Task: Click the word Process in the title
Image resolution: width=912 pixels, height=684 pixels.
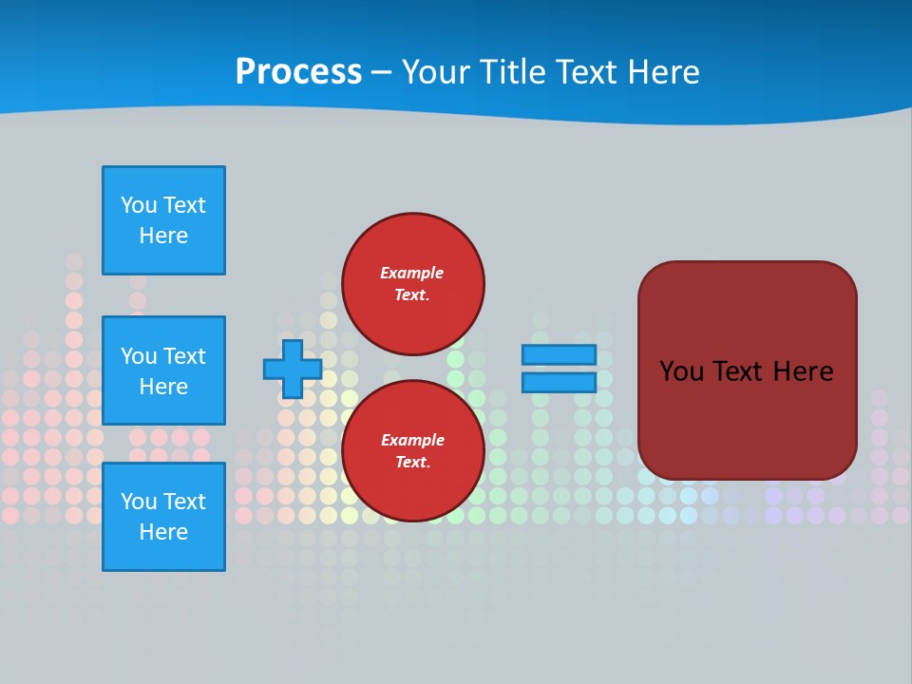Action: pyautogui.click(x=298, y=72)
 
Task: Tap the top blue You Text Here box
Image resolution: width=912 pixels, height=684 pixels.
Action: pyautogui.click(x=163, y=220)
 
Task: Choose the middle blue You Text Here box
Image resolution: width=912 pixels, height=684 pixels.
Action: pyautogui.click(x=163, y=370)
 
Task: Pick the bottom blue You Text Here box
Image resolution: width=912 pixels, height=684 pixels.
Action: pyautogui.click(x=163, y=517)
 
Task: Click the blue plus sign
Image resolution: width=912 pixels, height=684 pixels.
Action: pyautogui.click(x=293, y=369)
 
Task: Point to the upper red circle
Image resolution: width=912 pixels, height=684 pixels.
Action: pyautogui.click(x=413, y=284)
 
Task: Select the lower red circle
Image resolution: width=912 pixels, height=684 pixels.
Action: pyautogui.click(x=413, y=451)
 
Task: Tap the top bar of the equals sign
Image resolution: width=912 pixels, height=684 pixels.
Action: pyautogui.click(x=559, y=355)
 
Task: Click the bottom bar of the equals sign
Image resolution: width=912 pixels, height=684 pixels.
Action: pyautogui.click(x=559, y=382)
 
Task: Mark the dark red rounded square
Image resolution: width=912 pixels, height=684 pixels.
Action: pyautogui.click(x=748, y=370)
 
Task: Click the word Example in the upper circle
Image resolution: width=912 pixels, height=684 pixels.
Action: pyautogui.click(x=412, y=273)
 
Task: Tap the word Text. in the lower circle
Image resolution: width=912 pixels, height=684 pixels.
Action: pyautogui.click(x=412, y=463)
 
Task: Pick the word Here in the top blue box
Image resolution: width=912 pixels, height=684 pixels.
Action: pyautogui.click(x=163, y=236)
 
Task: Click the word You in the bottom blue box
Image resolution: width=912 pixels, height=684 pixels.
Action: pyautogui.click(x=139, y=502)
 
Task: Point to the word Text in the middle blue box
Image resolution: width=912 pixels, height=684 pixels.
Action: pyautogui.click(x=184, y=356)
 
